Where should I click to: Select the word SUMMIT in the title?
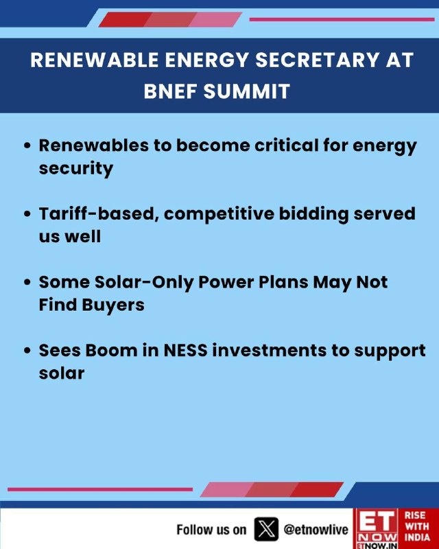point(247,91)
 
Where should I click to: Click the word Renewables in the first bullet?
point(94,145)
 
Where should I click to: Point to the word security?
point(76,169)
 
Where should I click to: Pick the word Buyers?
point(113,305)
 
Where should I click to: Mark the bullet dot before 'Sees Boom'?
point(27,351)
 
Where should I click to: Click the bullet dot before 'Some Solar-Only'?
point(27,282)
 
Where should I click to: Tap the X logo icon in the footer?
point(266,529)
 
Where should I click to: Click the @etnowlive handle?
point(316,529)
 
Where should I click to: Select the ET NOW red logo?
point(377,528)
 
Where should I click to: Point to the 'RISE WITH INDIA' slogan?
point(417,526)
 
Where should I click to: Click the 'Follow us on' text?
point(211,529)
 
